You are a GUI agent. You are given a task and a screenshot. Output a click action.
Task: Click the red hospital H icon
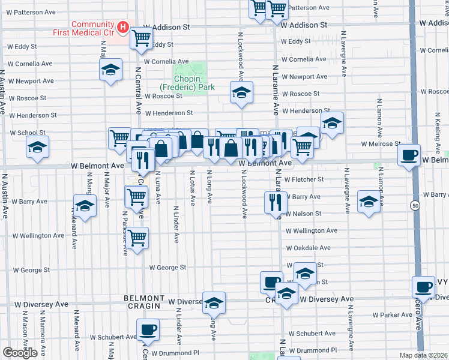tap(122, 27)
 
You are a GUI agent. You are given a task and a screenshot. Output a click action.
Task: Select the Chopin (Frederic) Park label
tap(194, 83)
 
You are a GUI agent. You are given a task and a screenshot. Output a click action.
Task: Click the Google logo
tap(20, 353)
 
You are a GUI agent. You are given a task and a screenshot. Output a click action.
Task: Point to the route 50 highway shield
tap(414, 205)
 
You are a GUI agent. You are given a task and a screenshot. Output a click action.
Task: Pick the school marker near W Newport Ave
tap(110, 70)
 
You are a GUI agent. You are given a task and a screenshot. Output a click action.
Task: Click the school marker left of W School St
tap(37, 148)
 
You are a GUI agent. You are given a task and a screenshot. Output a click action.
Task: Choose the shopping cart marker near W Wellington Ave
tap(138, 238)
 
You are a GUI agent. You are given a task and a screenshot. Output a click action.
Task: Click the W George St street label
tap(168, 268)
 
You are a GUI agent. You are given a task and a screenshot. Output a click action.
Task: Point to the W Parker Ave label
tap(392, 314)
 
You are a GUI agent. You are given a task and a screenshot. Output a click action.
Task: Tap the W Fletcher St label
tap(304, 179)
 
